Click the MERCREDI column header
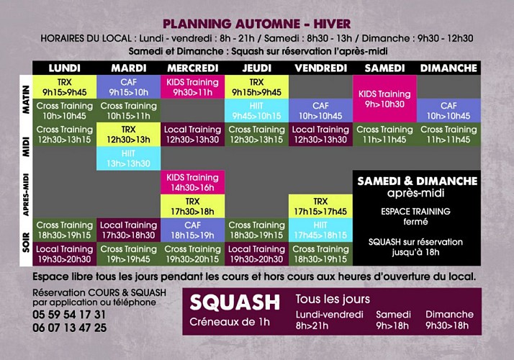(192, 68)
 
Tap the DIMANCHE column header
(448, 68)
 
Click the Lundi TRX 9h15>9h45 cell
(65, 87)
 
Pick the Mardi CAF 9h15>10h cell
(128, 87)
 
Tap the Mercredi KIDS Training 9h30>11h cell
(192, 87)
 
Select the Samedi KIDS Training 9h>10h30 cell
(384, 99)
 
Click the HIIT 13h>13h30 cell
(128, 158)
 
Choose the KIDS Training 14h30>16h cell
(192, 182)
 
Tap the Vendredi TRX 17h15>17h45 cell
(320, 206)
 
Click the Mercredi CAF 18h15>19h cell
(192, 230)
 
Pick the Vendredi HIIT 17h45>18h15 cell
(320, 230)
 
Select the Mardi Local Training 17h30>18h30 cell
(128, 230)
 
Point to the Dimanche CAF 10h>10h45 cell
(448, 111)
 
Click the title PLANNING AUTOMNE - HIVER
(257, 24)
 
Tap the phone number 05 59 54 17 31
(69, 315)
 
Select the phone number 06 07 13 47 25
(69, 328)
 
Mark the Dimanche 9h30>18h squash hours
(450, 320)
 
